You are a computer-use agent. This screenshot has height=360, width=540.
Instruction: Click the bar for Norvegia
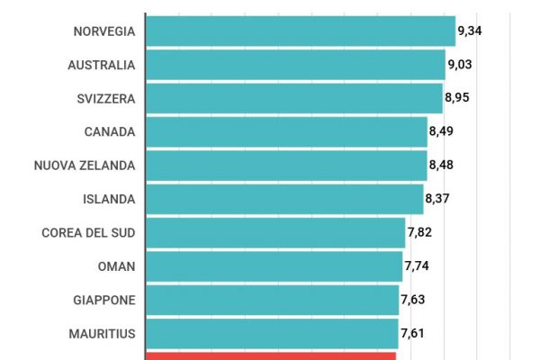click(x=300, y=31)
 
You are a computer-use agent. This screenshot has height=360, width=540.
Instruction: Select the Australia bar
click(x=295, y=65)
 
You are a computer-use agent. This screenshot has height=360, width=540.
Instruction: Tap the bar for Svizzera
click(x=293, y=98)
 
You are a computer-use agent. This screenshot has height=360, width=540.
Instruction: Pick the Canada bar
click(x=286, y=131)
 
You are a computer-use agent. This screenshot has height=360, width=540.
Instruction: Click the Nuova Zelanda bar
click(x=286, y=165)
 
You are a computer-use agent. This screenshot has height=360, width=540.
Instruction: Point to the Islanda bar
click(x=284, y=199)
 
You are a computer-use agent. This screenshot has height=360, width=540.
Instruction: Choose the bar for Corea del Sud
click(x=275, y=232)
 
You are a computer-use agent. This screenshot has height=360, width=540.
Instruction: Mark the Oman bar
click(x=274, y=266)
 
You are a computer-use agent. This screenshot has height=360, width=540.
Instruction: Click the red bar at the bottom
click(x=270, y=355)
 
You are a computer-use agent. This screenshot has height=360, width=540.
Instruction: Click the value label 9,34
click(x=470, y=31)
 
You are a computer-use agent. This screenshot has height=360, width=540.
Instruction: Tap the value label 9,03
click(x=461, y=65)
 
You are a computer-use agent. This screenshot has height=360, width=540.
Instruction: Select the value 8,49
click(x=442, y=131)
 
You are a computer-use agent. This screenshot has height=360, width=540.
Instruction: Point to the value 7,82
click(x=420, y=232)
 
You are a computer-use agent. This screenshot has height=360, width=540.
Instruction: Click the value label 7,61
click(x=413, y=333)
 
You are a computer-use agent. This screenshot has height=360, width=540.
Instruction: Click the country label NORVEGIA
click(x=104, y=31)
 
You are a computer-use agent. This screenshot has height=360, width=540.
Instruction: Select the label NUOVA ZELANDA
click(x=85, y=166)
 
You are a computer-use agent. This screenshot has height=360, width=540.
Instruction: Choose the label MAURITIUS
click(x=102, y=334)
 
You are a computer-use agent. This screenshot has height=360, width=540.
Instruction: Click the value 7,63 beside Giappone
click(x=414, y=300)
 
